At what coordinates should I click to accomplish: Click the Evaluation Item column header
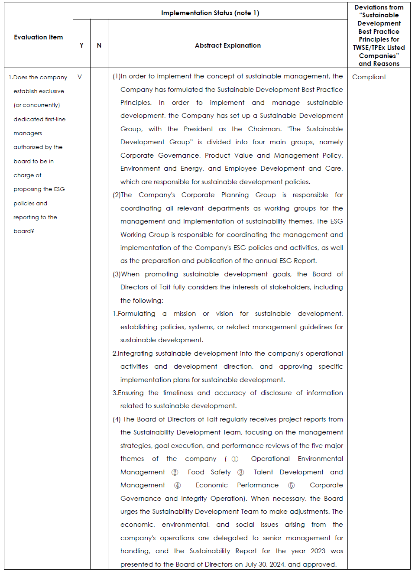pos(38,37)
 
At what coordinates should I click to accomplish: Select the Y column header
pos(81,45)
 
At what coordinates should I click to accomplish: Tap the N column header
pos(99,45)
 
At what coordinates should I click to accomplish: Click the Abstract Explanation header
pos(228,45)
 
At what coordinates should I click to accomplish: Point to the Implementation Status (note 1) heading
pos(210,13)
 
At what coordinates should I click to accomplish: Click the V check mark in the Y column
pos(80,77)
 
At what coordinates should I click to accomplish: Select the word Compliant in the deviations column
pos(369,77)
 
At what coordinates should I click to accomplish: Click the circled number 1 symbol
pos(235,459)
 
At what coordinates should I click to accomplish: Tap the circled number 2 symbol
pos(175,472)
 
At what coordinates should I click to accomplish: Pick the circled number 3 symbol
pos(241,472)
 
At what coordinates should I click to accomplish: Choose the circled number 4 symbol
pos(177,486)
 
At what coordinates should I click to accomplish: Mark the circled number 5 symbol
pos(292,486)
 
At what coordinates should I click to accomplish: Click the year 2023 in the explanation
pos(318,551)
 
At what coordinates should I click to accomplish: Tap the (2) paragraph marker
pos(117,195)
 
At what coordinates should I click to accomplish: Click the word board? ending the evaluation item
pos(24,231)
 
